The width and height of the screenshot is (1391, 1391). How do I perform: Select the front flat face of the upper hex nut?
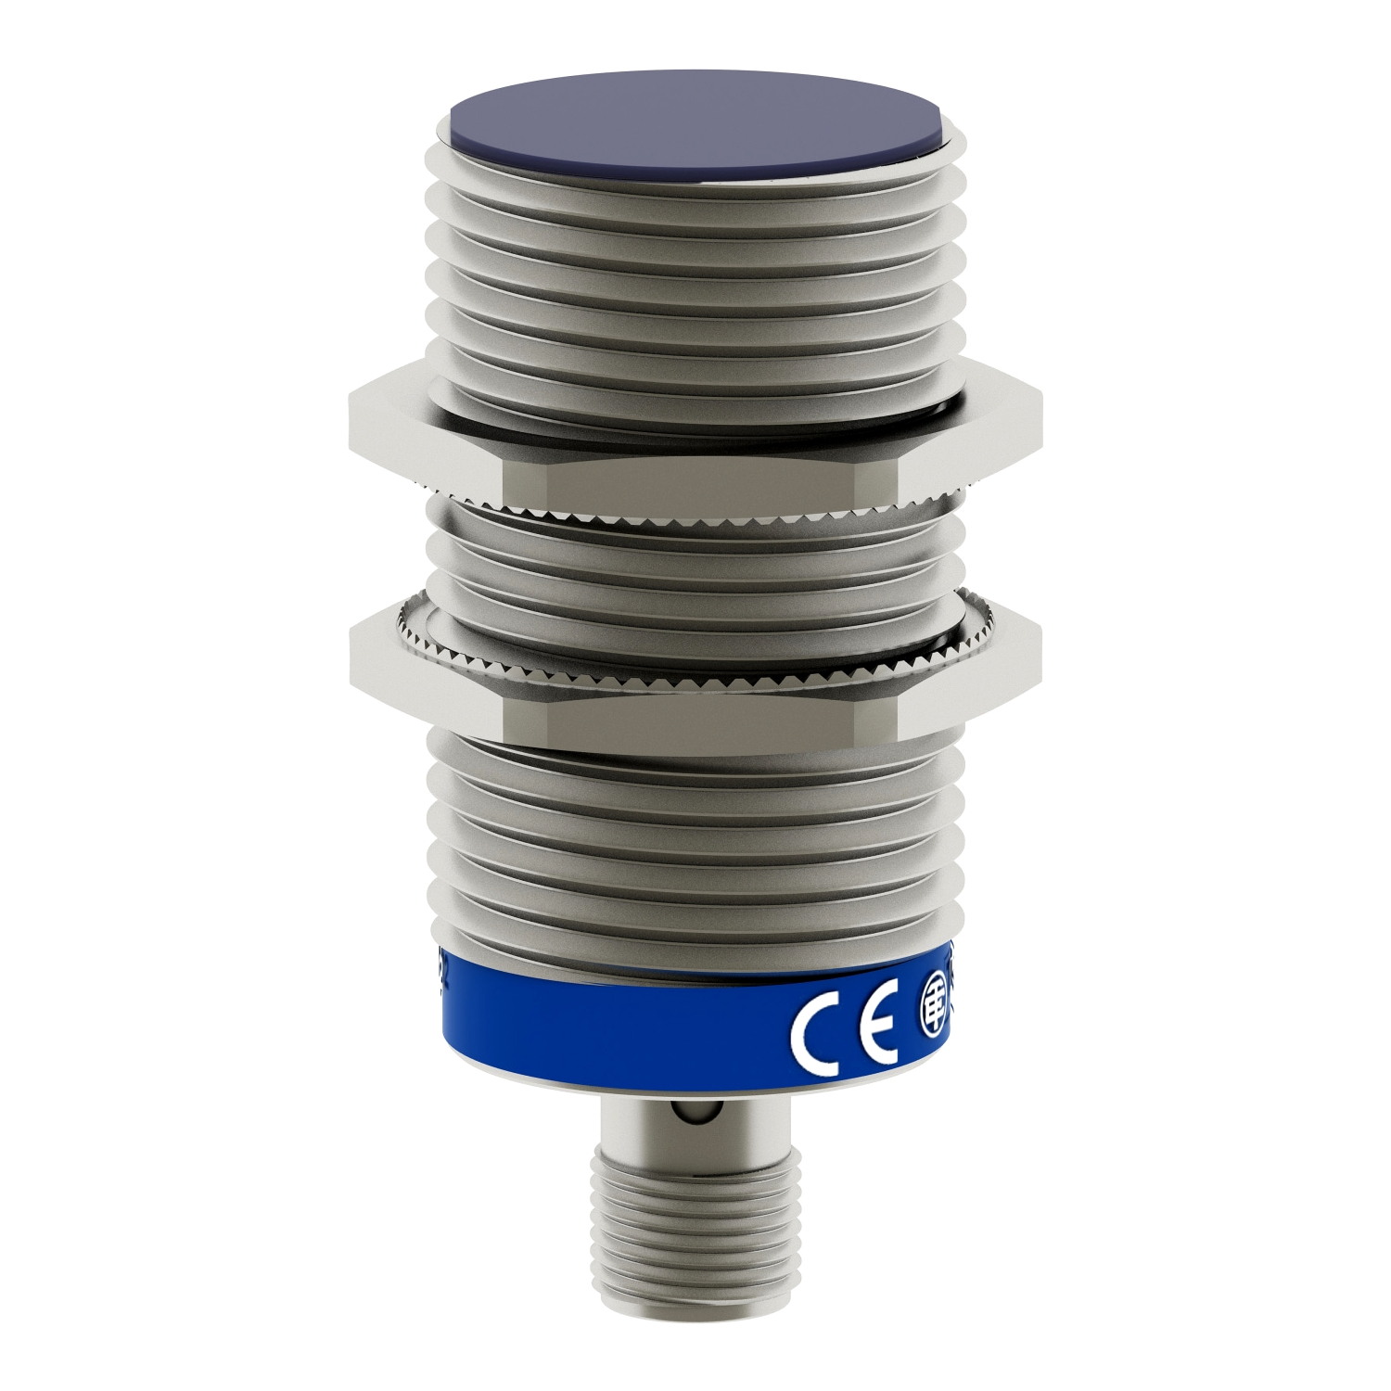[x=695, y=482]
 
